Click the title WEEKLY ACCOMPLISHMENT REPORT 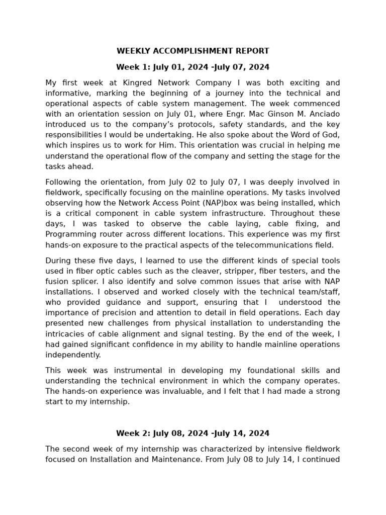[x=192, y=51]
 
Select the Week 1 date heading [x=192, y=67]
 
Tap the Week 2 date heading [x=192, y=433]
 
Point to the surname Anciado [x=323, y=114]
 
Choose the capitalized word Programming [x=68, y=234]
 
